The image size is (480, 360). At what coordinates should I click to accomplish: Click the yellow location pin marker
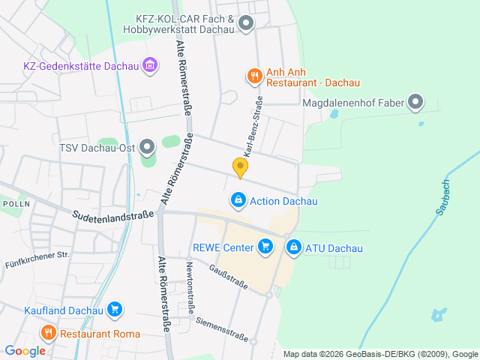(240, 168)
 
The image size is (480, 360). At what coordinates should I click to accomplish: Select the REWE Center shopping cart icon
(264, 245)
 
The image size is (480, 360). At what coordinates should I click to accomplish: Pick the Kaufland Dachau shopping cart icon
(114, 308)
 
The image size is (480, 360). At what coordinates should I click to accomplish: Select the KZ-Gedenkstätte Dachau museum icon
(150, 65)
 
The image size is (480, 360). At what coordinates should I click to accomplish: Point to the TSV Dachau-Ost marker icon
(147, 146)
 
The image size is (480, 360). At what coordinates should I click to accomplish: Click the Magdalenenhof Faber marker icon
(415, 102)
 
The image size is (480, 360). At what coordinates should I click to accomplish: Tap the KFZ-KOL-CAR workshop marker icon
(245, 25)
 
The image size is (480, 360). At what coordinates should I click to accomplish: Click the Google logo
(25, 350)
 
